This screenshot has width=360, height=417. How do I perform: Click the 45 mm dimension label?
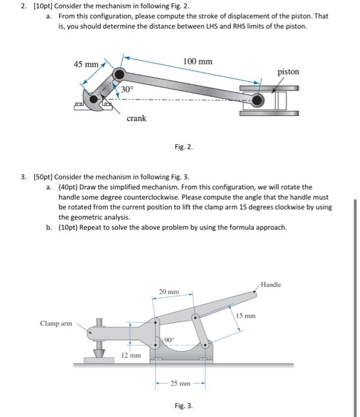(x=86, y=64)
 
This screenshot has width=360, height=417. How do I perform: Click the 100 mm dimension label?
(x=198, y=62)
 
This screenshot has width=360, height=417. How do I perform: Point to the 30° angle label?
(x=127, y=89)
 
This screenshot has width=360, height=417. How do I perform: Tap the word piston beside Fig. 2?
(x=289, y=71)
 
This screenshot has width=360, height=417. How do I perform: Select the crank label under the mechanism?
(x=136, y=119)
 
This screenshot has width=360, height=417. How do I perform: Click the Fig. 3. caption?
(x=183, y=406)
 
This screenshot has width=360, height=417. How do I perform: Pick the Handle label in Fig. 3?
(x=271, y=285)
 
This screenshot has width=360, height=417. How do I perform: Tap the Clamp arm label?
(x=55, y=323)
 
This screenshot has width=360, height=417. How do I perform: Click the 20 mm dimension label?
(x=169, y=292)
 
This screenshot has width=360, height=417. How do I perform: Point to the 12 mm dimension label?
(x=131, y=355)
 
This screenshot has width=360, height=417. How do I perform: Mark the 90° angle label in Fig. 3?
(x=169, y=340)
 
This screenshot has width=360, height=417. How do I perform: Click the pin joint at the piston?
(x=257, y=101)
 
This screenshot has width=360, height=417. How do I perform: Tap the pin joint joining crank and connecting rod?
(x=120, y=74)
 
